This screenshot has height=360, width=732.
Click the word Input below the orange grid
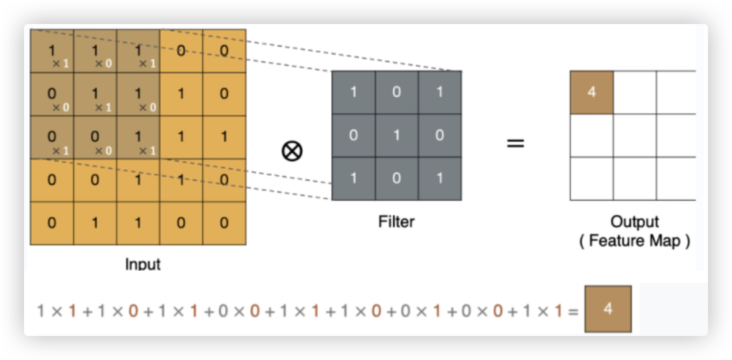pos(143,264)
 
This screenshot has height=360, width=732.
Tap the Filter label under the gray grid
pos(397,221)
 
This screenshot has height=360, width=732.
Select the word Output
pos(634,221)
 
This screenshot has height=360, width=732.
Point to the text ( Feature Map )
pos(634,241)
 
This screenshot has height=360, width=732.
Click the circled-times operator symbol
pos(291,151)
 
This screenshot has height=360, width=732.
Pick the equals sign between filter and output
pos(515,142)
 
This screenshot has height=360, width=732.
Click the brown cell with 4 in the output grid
pos(591,92)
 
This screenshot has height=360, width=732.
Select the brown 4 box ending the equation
pos(607,309)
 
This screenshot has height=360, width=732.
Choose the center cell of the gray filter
pos(397,135)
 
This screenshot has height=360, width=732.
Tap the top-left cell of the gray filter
pos(353,92)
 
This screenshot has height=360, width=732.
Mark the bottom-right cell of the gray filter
pos(439,179)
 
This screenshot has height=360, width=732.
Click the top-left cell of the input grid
pos(52,51)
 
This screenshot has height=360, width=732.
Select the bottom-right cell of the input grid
pos(224,223)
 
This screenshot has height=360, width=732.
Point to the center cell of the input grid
pos(138,137)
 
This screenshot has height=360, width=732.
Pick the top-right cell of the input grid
pos(224,51)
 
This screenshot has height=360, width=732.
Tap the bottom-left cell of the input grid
pos(52,223)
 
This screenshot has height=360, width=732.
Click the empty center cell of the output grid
pos(634,135)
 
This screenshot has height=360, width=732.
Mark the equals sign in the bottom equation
pos(573,311)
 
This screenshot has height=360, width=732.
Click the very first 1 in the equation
pos(41,311)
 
